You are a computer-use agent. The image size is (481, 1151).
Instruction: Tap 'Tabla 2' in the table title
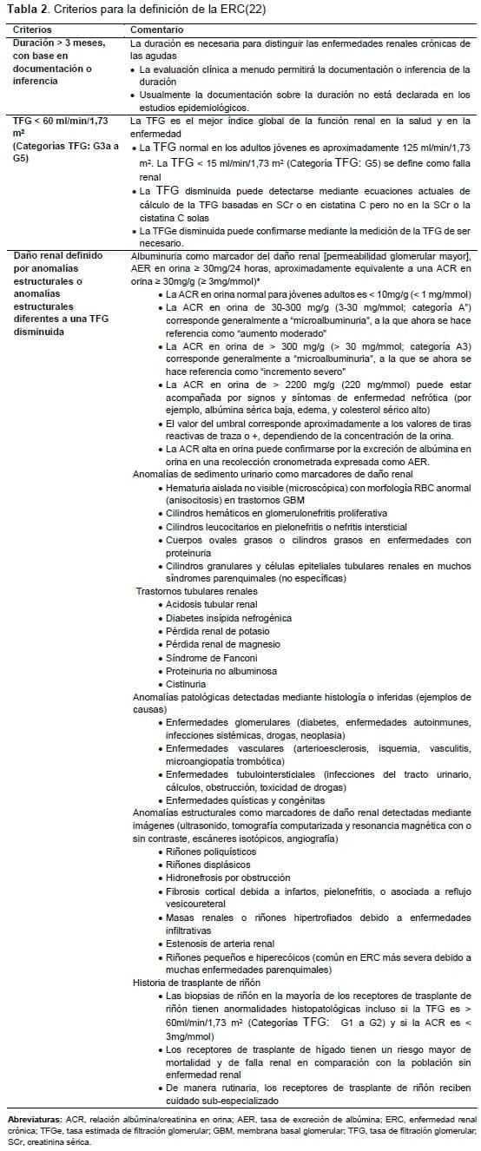pyautogui.click(x=23, y=10)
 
